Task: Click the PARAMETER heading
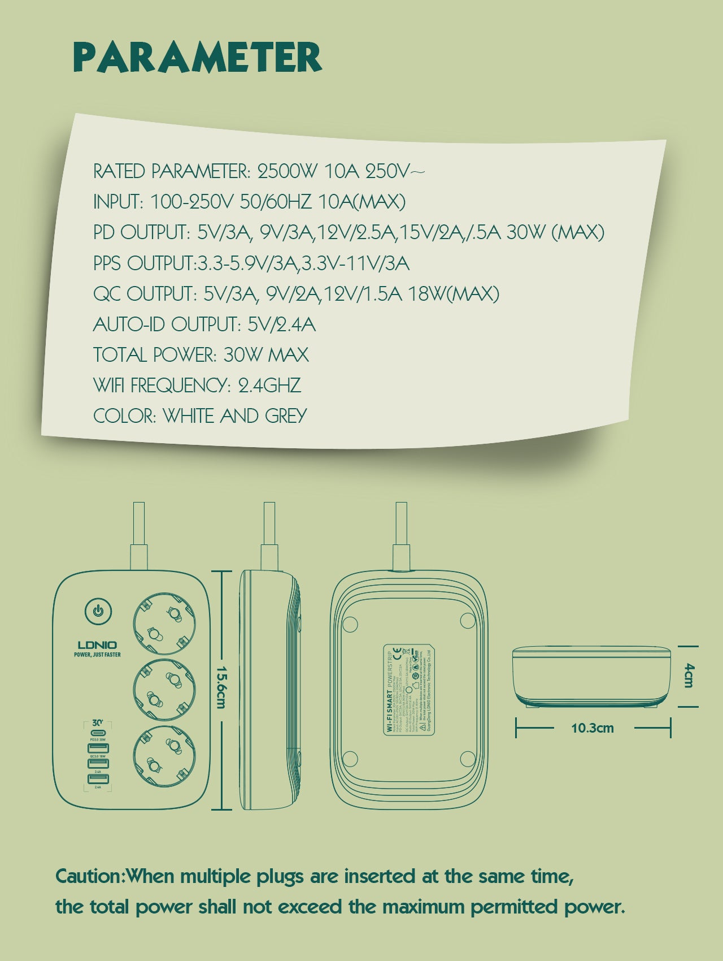coord(198,58)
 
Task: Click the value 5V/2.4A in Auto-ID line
coord(281,324)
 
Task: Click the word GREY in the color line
coord(286,416)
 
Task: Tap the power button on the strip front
coord(98,611)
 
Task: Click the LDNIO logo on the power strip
coord(97,645)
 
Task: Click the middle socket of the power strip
coord(165,689)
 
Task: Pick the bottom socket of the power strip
coord(165,756)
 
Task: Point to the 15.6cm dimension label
coord(221,687)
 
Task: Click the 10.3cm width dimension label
coord(592,728)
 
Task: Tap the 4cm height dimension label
coord(688,676)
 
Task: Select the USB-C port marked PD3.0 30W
coord(98,733)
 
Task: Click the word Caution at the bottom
coord(89,877)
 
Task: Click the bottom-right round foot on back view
coord(468,758)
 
